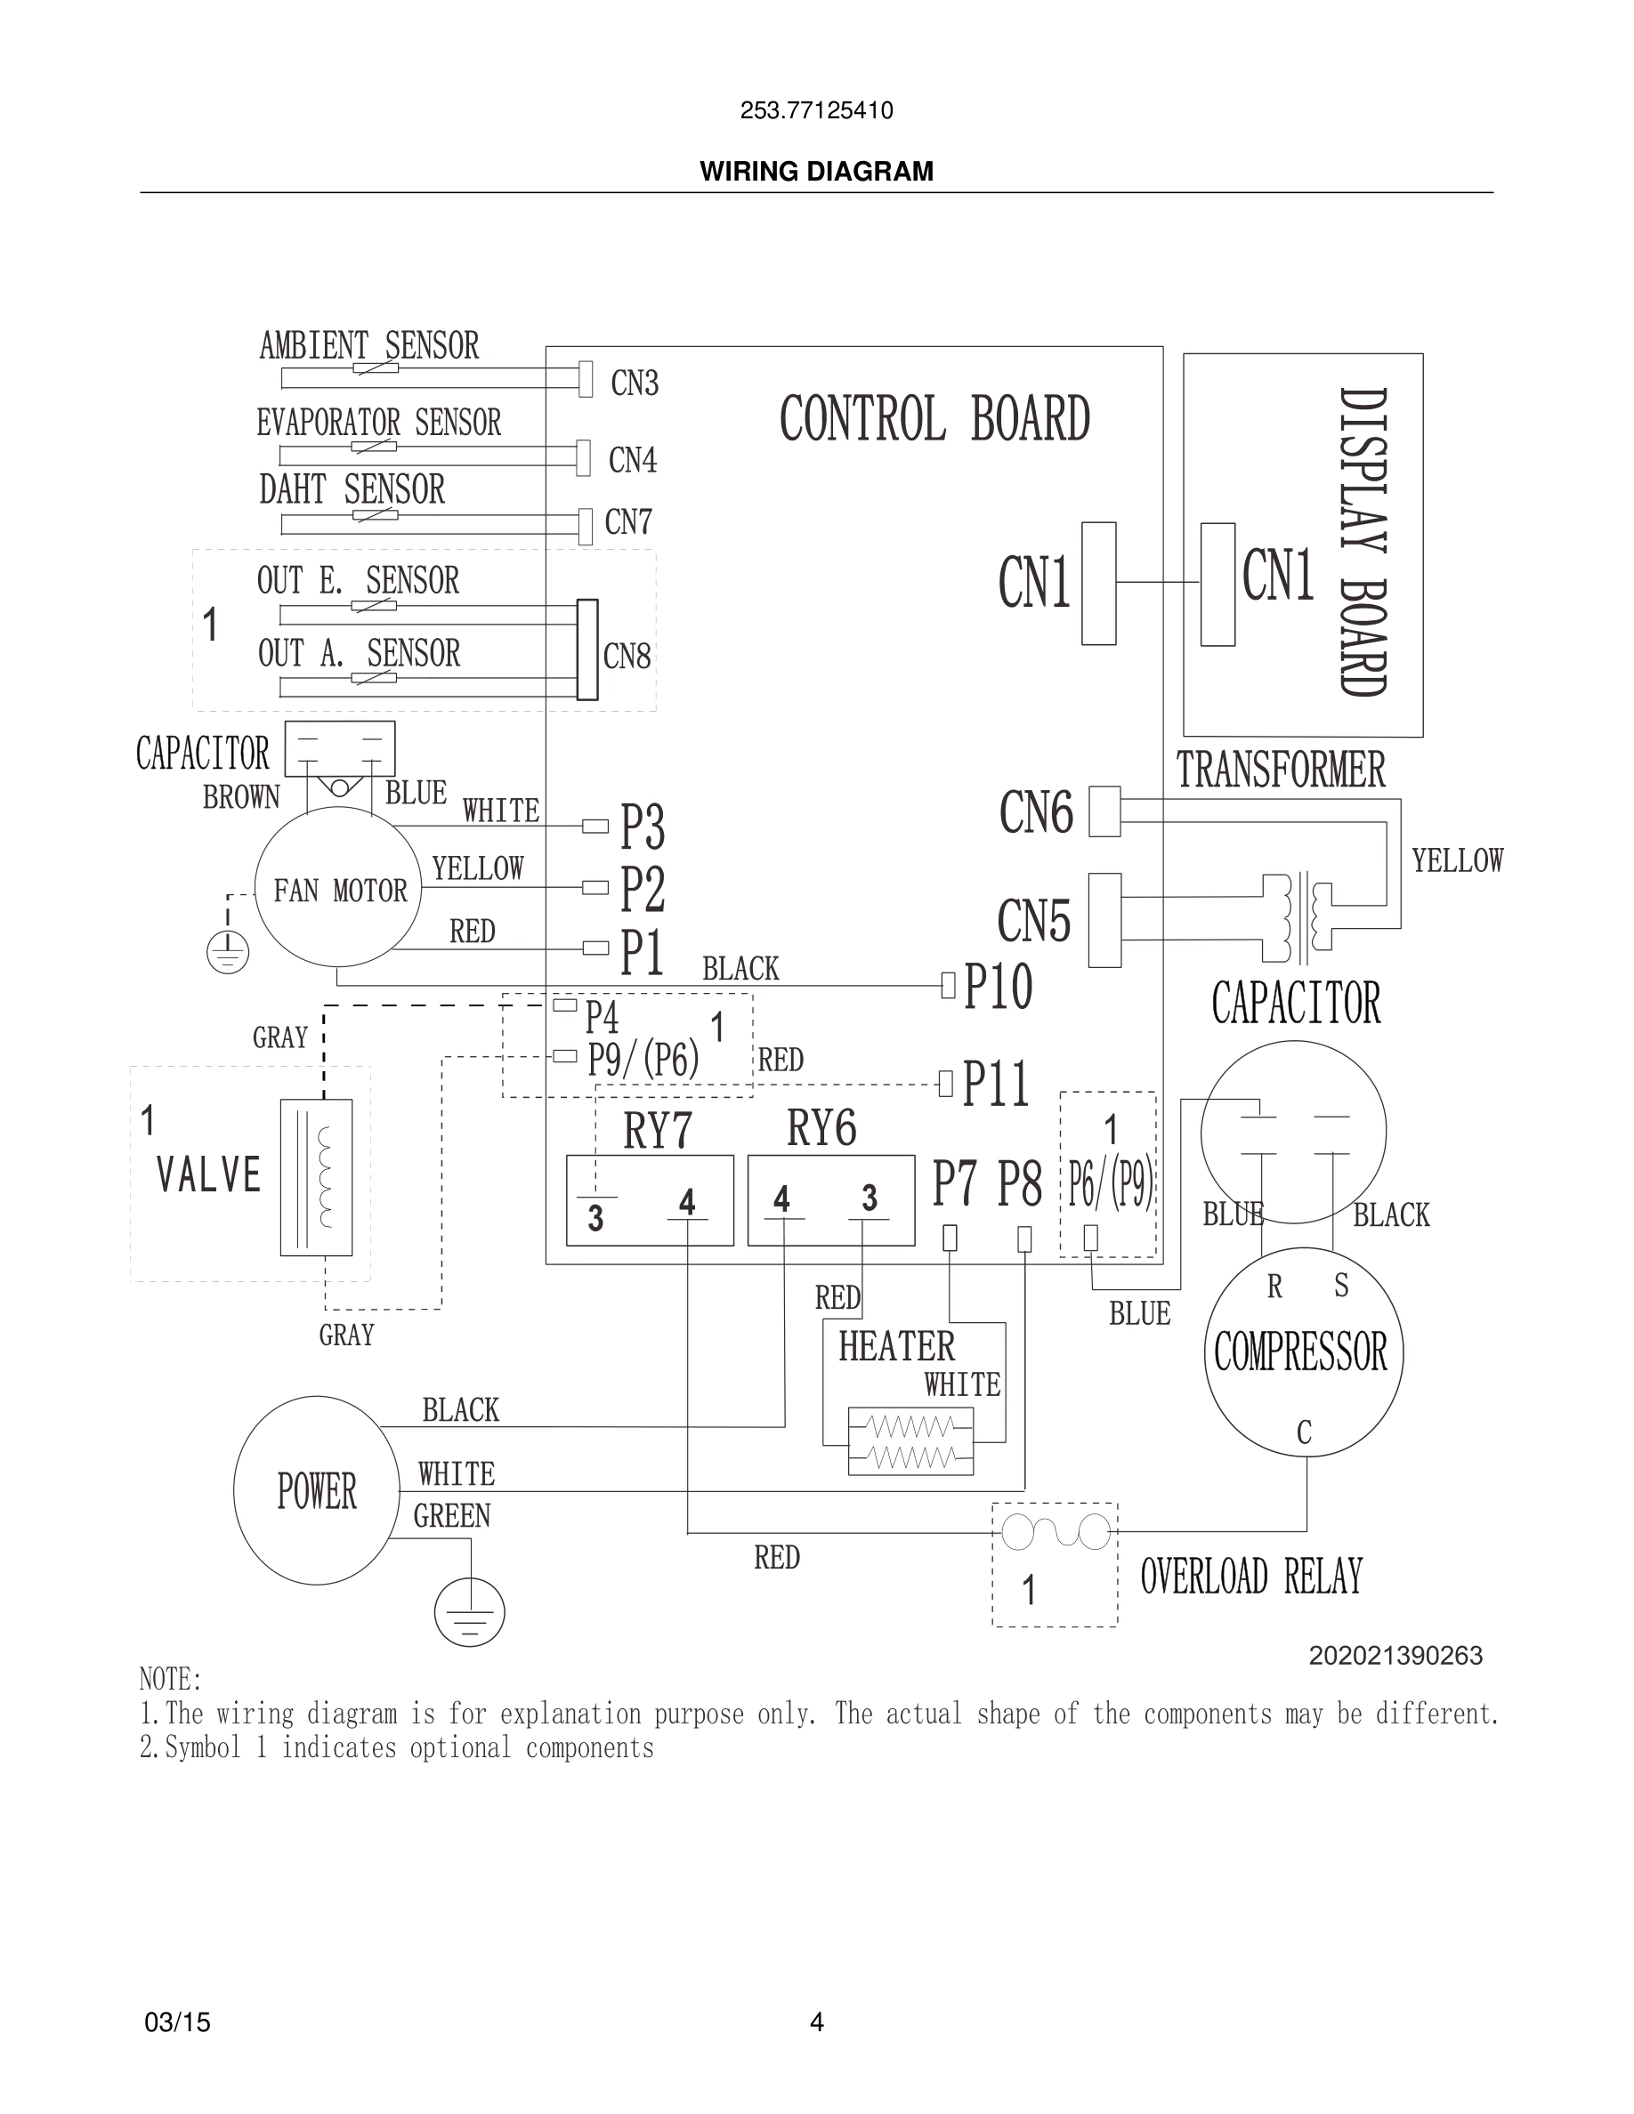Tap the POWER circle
coord(317,1490)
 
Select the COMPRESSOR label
coord(1300,1352)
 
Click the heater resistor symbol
coord(910,1441)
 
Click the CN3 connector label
coord(634,383)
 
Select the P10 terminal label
coord(998,988)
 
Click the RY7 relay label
coord(658,1130)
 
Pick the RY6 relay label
coord(821,1127)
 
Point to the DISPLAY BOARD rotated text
coord(1364,542)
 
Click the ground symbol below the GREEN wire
coord(470,1611)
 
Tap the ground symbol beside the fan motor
coord(228,954)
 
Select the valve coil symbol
coord(317,1176)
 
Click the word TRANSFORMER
coord(1281,771)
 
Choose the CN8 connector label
coord(627,657)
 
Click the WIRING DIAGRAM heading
coord(816,172)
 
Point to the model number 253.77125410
coord(816,110)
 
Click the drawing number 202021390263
coord(1395,1656)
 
